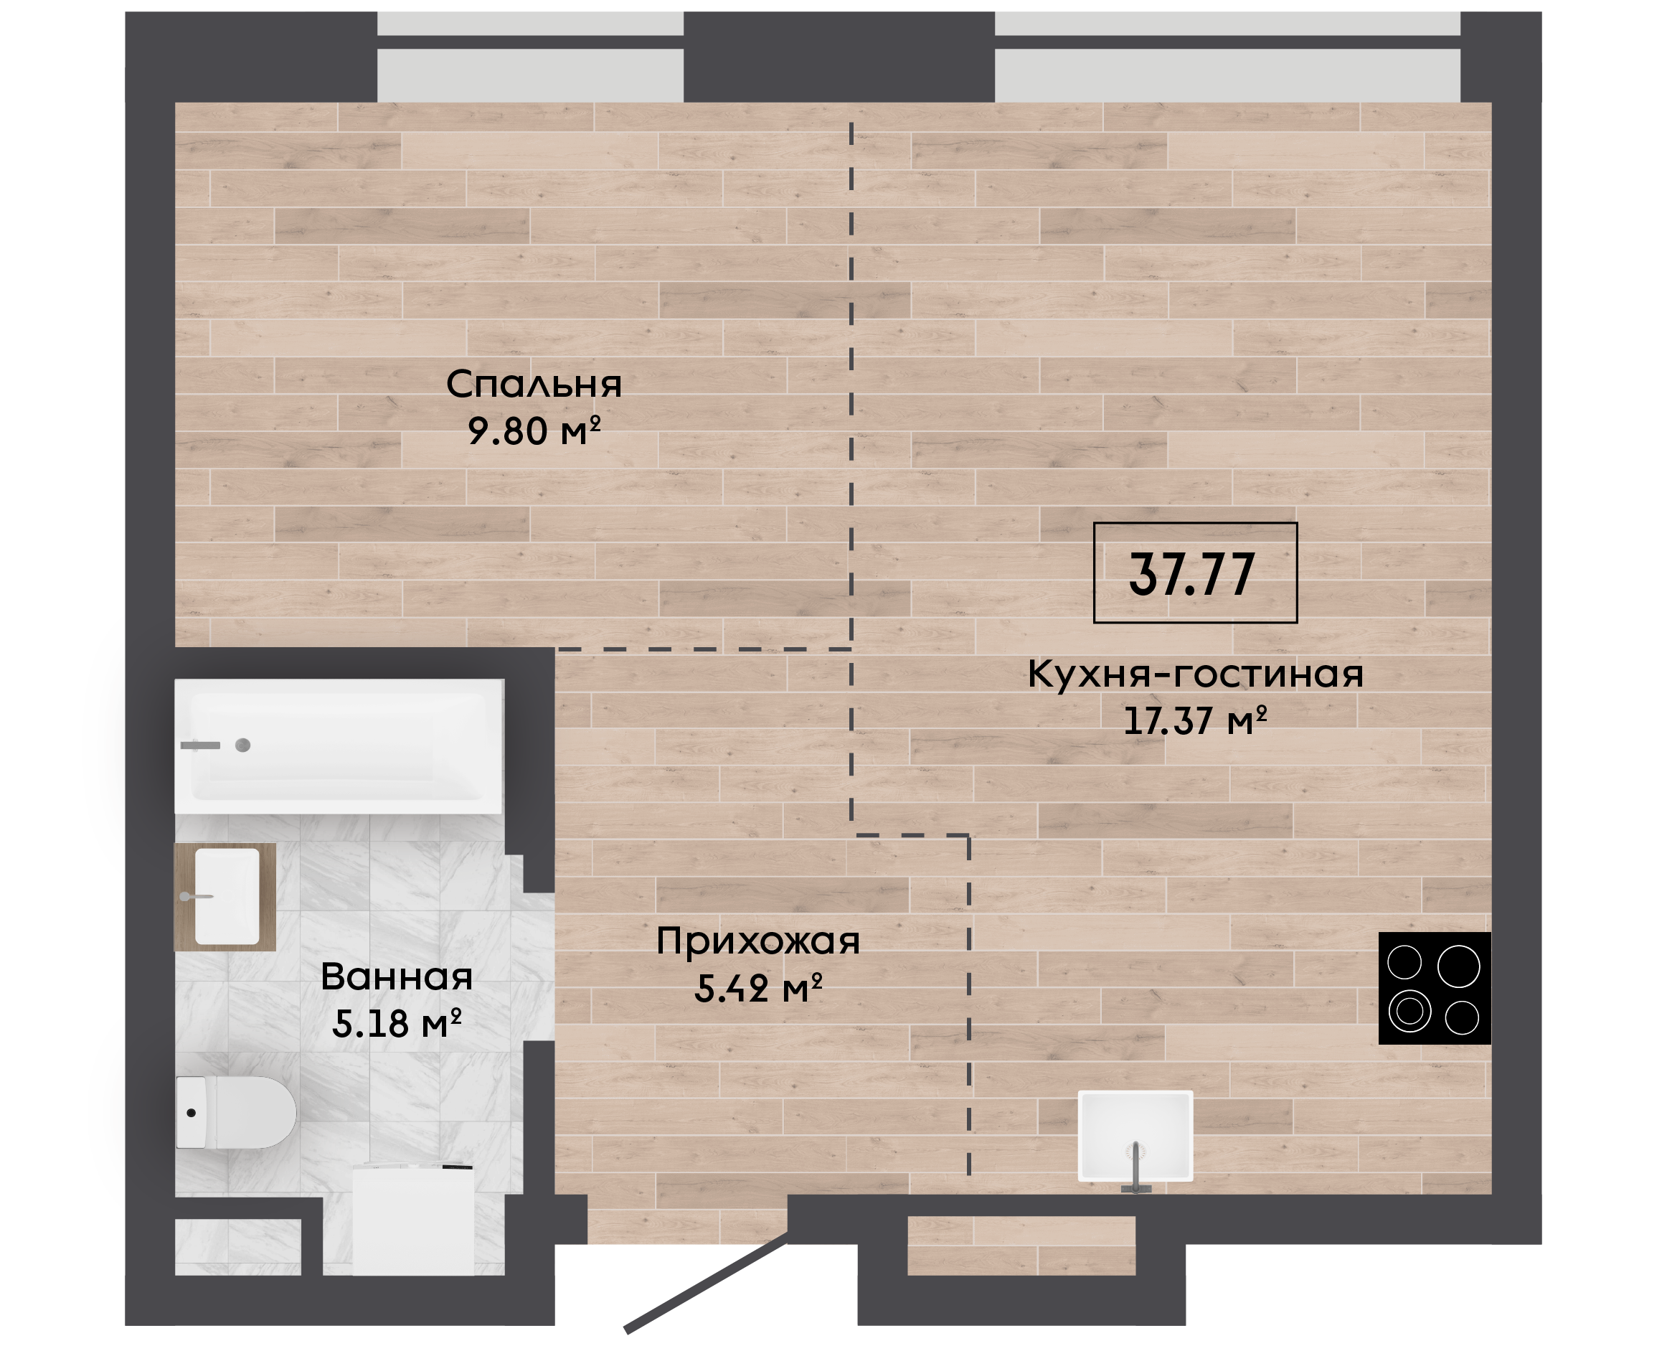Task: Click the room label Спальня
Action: (534, 384)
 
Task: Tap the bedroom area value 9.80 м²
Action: (534, 431)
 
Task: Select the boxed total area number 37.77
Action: (1192, 575)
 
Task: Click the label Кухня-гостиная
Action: (1195, 674)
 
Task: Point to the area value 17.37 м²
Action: (1195, 721)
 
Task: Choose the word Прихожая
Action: (758, 941)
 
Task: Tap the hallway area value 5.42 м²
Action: (758, 989)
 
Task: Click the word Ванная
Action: (397, 977)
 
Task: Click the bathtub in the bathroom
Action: (339, 747)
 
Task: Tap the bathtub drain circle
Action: (242, 746)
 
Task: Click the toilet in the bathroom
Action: (237, 1113)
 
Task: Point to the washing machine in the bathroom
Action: (413, 1220)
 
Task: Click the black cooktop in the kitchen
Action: (1435, 988)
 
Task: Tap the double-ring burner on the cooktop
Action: (1409, 1011)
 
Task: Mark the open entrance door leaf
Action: (706, 1288)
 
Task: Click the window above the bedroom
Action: (530, 57)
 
